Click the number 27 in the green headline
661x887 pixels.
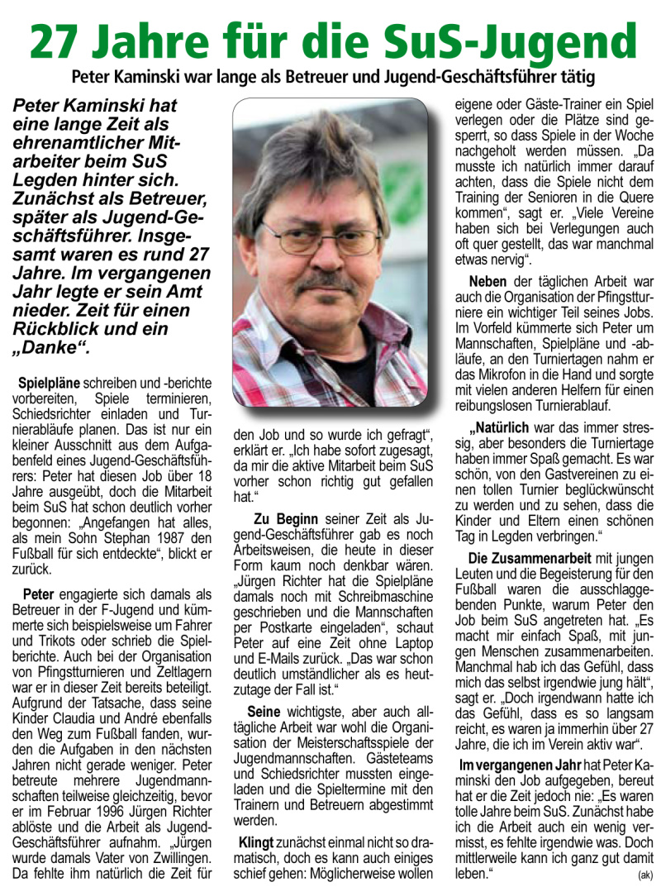click(61, 41)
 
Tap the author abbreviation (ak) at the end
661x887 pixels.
click(644, 874)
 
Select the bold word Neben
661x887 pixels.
click(488, 281)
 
